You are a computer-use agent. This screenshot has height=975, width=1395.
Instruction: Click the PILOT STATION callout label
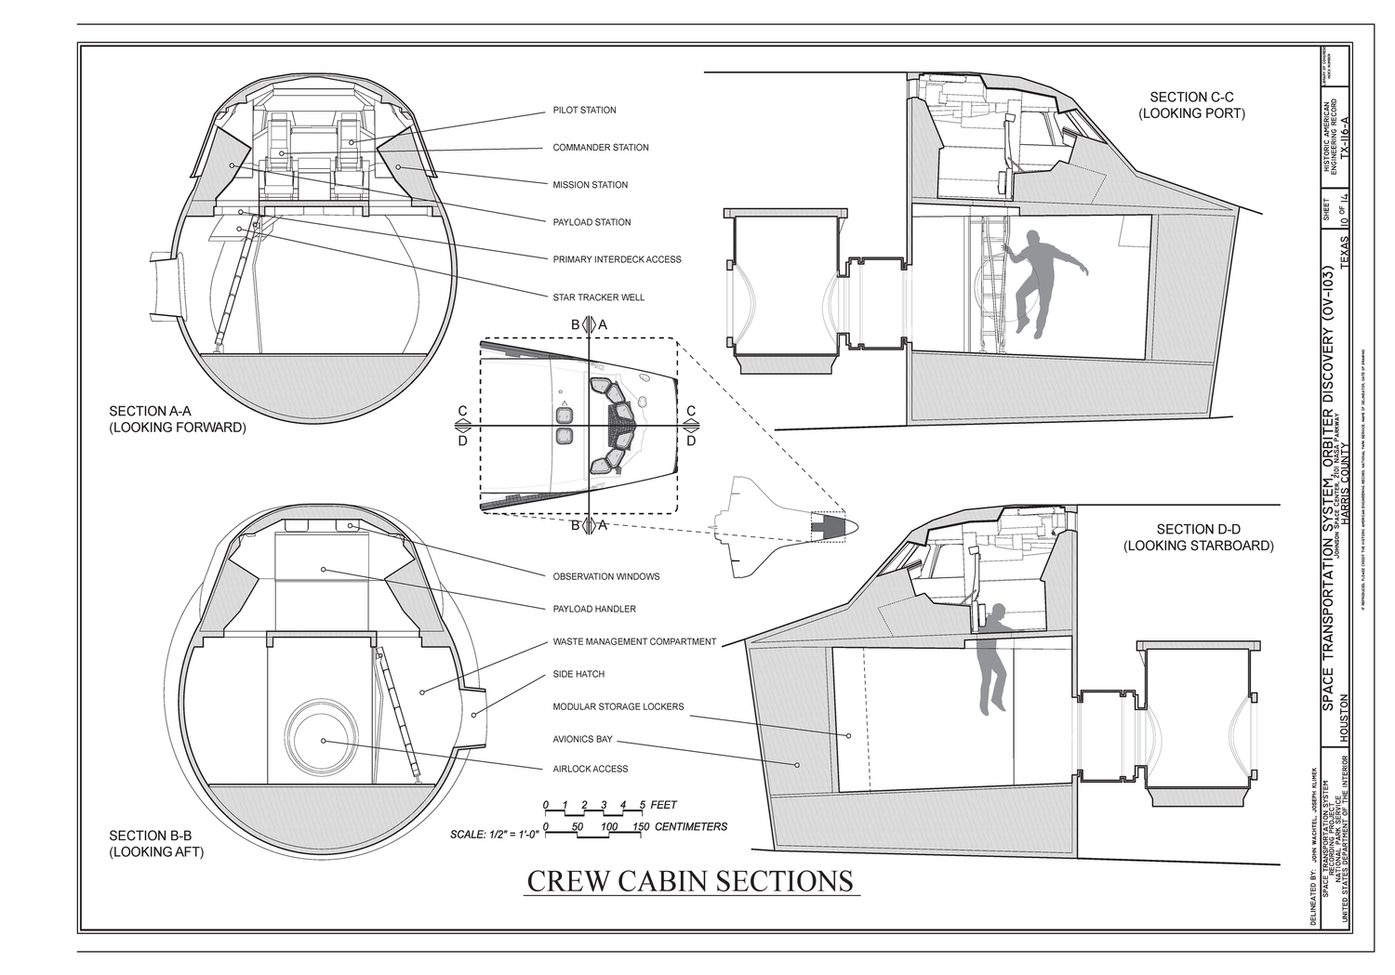tap(584, 111)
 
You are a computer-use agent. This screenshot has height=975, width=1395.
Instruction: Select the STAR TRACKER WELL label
tap(598, 297)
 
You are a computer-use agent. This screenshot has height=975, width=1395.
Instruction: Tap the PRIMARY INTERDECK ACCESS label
tap(617, 259)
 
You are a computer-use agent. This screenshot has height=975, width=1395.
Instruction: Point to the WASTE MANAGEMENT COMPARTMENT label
tap(634, 641)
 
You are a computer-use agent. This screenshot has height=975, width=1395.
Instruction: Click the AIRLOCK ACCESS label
tap(590, 769)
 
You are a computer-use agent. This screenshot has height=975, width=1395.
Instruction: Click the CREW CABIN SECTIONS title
tap(690, 880)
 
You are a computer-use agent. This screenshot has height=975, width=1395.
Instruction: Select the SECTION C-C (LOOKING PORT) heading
tap(1190, 105)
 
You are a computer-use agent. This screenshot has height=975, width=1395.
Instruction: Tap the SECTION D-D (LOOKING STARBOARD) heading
tap(1198, 537)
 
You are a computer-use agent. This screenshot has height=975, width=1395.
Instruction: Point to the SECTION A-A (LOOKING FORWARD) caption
tap(177, 419)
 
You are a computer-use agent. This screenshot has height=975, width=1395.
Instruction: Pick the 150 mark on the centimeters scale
tap(640, 826)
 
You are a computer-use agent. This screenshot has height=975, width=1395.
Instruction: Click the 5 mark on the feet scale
tap(643, 805)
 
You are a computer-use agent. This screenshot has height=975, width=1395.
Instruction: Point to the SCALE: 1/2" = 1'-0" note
tap(494, 835)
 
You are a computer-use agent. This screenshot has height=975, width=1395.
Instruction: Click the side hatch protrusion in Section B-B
tap(475, 716)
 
